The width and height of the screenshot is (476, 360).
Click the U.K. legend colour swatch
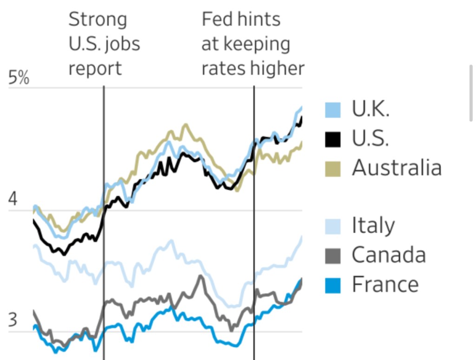pos(332,110)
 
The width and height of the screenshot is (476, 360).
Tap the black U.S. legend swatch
pos(332,139)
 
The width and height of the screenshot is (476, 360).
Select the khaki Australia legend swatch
pos(332,168)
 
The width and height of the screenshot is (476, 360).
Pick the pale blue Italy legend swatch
pos(332,227)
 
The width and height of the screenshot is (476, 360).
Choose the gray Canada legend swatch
pos(332,255)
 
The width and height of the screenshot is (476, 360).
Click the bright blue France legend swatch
pos(332,285)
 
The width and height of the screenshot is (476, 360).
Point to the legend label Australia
pos(397,167)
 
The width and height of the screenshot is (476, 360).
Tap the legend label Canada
pos(389,255)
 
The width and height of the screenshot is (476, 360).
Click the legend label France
pos(385,284)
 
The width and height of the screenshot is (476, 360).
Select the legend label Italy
pos(373,226)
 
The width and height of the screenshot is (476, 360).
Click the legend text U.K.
pos(370,109)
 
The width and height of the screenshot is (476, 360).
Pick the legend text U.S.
pos(370,139)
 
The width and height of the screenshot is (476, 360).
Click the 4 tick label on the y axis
pos(13,200)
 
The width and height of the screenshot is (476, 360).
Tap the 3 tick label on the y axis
pos(13,321)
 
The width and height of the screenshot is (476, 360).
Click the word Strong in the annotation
pos(98,20)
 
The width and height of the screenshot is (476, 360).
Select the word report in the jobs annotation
pos(95,68)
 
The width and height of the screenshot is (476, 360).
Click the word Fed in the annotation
pos(215,20)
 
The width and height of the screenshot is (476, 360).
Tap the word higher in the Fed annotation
pos(277,68)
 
